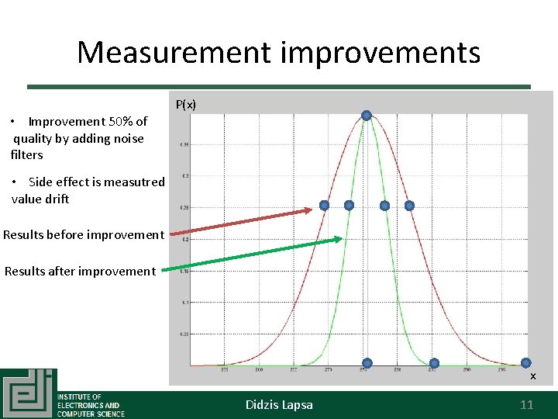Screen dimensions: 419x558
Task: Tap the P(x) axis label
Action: coord(186,104)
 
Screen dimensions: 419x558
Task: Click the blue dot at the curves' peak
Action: coord(367,116)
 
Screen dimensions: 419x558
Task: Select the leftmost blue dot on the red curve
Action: coord(324,206)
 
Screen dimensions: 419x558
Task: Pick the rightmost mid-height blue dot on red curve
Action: coord(409,206)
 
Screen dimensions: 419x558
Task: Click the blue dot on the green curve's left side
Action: coord(349,206)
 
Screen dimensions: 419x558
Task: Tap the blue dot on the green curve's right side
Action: coord(384,206)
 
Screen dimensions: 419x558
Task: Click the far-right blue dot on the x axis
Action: coord(525,362)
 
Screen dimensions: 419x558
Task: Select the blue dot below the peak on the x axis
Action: coord(367,363)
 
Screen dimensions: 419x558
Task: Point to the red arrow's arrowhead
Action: coord(310,208)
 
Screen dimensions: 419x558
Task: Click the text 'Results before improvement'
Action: coord(84,234)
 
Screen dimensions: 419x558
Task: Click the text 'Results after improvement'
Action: coord(80,271)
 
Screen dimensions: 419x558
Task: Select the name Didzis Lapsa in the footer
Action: coord(279,404)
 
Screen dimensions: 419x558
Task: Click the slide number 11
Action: coord(526,404)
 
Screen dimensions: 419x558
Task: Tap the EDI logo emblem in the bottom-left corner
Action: coord(29,393)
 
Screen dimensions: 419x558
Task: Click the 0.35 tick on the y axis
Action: coord(184,144)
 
